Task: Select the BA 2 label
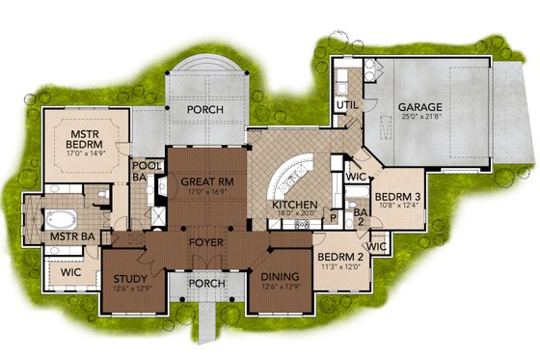pyautogui.click(x=358, y=218)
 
